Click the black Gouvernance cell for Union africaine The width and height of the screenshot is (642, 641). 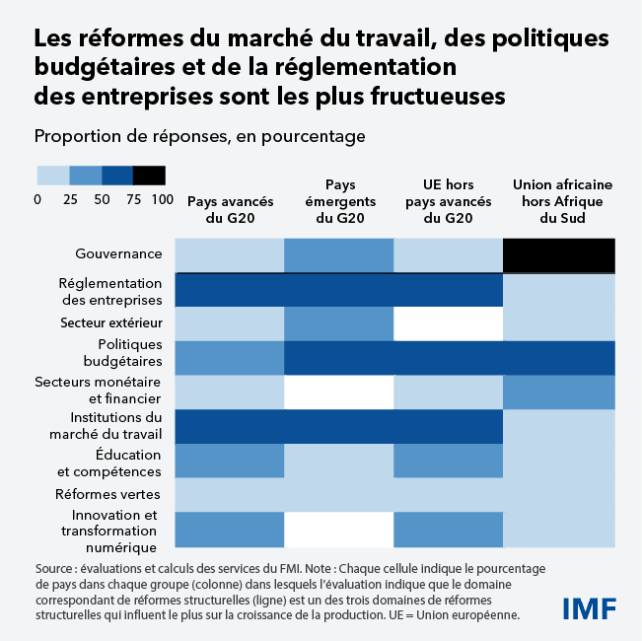(559, 254)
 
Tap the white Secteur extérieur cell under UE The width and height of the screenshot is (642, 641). (449, 322)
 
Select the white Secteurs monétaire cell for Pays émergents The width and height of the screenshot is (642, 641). (339, 392)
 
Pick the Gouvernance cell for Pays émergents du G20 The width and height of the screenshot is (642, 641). (339, 254)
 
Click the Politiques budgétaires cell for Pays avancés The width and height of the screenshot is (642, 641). (230, 357)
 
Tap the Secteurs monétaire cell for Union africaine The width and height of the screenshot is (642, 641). (559, 392)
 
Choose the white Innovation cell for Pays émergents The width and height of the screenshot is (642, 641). (339, 529)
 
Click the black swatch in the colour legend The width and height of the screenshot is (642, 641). (149, 176)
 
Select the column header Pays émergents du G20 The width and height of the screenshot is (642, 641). (339, 201)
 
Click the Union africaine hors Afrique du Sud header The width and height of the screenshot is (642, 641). (559, 201)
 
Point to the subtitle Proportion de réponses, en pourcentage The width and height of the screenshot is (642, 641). (199, 136)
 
